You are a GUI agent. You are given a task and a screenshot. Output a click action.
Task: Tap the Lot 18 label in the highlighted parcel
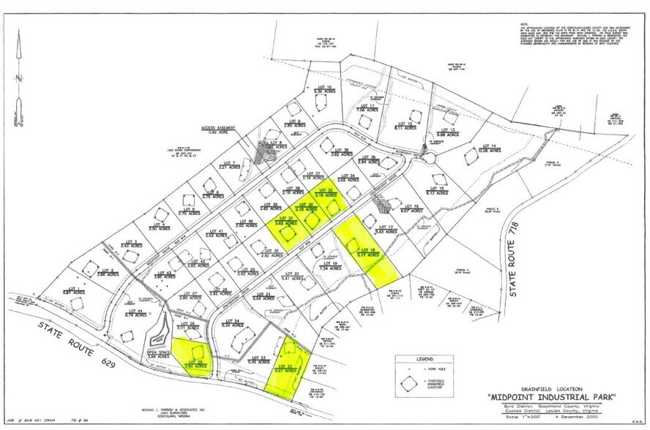(368, 252)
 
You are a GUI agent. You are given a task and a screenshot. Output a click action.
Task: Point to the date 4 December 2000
(585, 420)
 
